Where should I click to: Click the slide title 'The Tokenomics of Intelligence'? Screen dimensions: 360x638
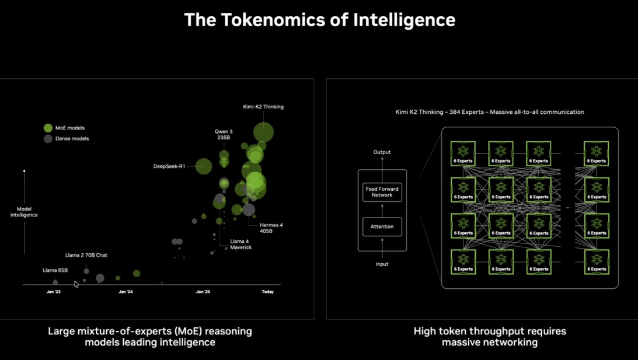point(319,20)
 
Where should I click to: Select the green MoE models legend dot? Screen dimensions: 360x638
point(48,128)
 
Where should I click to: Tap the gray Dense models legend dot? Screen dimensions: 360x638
point(48,139)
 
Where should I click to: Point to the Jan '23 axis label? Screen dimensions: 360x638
point(54,292)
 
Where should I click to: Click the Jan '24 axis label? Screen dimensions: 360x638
point(125,292)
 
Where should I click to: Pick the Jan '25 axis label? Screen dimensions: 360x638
point(203,292)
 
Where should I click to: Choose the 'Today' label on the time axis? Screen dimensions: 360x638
point(267,292)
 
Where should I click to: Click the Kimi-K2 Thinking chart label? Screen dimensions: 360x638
point(263,107)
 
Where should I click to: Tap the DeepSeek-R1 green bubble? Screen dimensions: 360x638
point(204,166)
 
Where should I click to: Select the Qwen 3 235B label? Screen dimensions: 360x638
point(224,135)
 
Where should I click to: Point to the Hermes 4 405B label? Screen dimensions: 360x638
point(271,228)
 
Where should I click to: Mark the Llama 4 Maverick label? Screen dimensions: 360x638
point(240,244)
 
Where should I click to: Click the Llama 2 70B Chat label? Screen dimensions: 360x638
point(86,256)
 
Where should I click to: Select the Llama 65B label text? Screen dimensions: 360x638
point(55,270)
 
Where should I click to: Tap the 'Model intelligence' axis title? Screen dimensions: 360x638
point(24,212)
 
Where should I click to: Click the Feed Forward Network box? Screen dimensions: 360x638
point(382,192)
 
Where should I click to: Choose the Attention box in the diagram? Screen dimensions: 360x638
point(382,226)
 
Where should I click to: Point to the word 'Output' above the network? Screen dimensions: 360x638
point(382,152)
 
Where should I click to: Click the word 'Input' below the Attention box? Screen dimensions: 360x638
point(382,264)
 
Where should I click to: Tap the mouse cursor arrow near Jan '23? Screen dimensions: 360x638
point(76,284)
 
